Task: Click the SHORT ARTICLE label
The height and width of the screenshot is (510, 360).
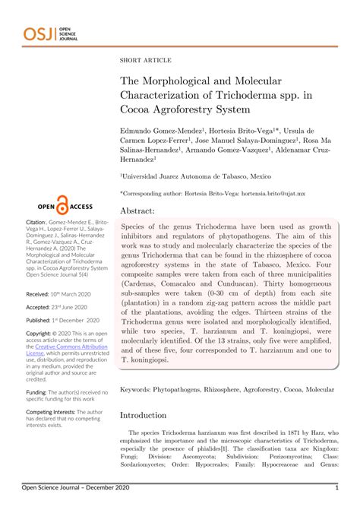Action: coord(145,60)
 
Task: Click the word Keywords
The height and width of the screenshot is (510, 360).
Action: coord(138,388)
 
